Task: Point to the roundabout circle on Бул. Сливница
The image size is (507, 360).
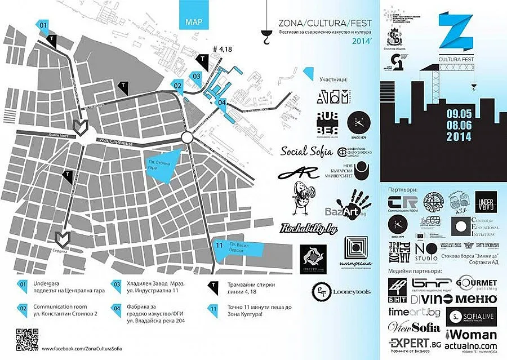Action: pyautogui.click(x=187, y=139)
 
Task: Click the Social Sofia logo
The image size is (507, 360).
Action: pyautogui.click(x=306, y=152)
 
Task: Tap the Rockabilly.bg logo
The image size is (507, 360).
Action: pyautogui.click(x=309, y=229)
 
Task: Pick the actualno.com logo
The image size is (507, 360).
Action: pyautogui.click(x=471, y=345)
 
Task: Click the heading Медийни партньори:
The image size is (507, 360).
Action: pyautogui.click(x=415, y=270)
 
